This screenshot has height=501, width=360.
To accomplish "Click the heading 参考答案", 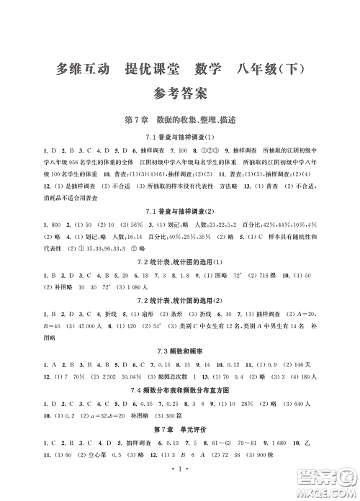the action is coord(180,93).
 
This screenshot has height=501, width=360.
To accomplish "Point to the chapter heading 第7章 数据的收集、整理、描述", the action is coord(179,119).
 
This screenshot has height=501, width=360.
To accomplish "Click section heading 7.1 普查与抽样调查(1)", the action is coord(180,137).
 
